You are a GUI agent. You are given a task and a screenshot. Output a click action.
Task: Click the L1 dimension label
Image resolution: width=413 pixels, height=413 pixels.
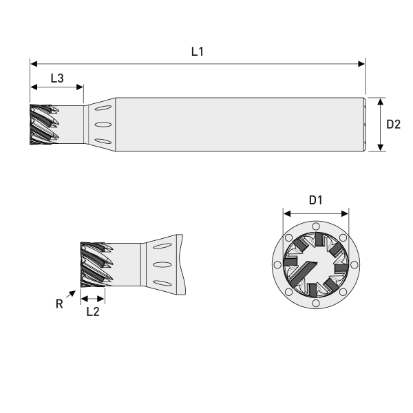(x=198, y=52)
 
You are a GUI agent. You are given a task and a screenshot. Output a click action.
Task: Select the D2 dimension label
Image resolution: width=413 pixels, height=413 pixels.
(x=394, y=125)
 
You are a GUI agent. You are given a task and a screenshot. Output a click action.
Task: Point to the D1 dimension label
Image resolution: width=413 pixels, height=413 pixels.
(x=316, y=200)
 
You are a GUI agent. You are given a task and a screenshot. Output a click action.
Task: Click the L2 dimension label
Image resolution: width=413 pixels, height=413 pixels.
(x=94, y=311)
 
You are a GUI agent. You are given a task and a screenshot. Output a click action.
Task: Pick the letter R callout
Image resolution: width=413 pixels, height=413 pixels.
(x=61, y=303)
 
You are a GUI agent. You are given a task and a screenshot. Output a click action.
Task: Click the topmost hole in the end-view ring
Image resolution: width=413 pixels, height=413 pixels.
(x=316, y=226)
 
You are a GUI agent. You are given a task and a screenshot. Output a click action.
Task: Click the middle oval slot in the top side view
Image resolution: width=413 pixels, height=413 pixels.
(x=102, y=125)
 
